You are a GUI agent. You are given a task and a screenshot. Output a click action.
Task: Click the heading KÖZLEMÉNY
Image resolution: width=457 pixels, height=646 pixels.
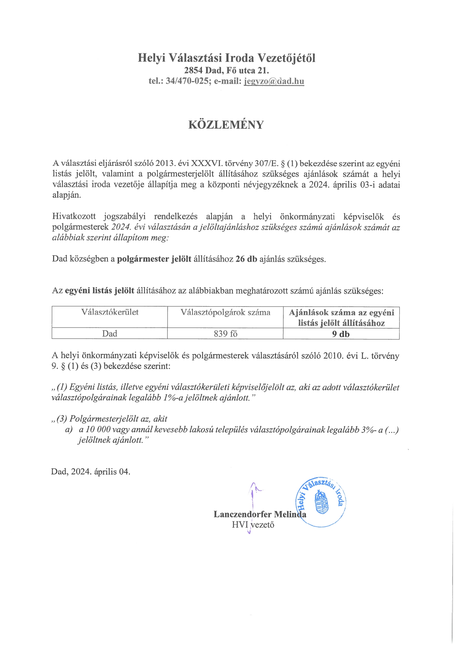[226, 125]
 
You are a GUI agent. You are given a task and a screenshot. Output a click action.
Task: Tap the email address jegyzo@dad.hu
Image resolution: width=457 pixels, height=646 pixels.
[274, 81]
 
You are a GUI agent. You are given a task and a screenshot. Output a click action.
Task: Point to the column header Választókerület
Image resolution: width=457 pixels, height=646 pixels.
[110, 312]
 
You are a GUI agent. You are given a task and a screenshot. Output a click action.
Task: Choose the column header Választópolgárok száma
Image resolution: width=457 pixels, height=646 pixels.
[225, 312]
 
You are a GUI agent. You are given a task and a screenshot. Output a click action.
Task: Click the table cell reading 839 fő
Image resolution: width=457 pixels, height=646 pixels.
[225, 334]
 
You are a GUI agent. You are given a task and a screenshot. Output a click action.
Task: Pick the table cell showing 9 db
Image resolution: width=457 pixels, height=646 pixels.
[341, 334]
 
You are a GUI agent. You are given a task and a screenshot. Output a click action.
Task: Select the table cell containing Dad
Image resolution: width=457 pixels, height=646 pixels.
[110, 334]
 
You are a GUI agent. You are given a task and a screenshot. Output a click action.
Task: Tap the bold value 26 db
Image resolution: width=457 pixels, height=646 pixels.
[246, 259]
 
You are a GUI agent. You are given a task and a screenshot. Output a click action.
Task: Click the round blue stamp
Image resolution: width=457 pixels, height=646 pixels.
[321, 501]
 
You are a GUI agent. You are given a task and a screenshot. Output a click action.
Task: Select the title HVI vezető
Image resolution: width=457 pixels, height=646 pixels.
[253, 525]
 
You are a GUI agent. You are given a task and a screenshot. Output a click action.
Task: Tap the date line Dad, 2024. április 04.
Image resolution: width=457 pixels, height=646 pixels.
[91, 472]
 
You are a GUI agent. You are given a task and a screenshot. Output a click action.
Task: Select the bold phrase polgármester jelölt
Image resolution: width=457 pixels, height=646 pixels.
[154, 259]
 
